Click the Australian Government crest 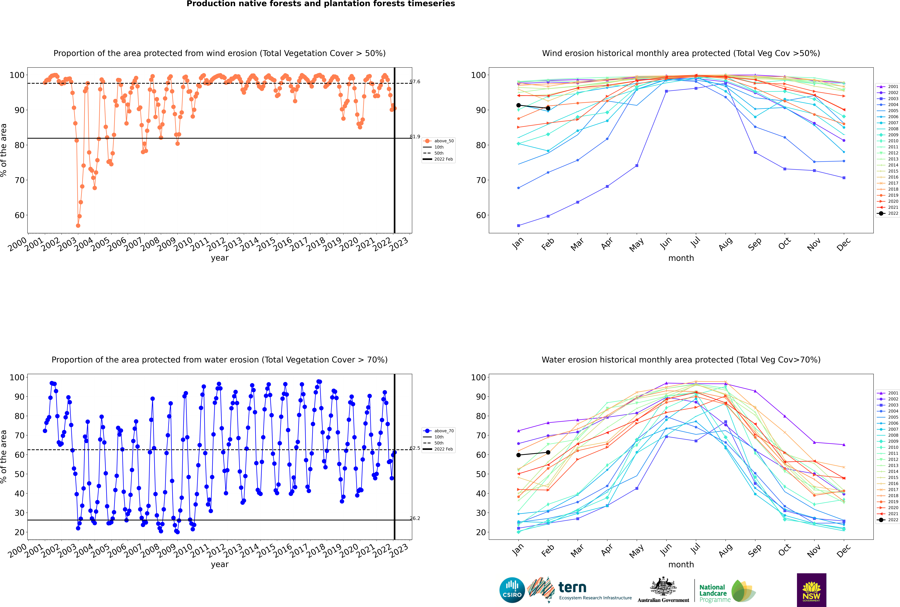point(663,587)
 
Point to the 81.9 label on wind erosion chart point(415,137)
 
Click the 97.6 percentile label point(415,82)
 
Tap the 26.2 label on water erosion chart point(415,518)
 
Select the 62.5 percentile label point(415,448)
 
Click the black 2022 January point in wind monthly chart point(519,105)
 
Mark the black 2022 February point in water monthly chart point(548,453)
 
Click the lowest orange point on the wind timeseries point(78,226)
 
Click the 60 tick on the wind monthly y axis point(481,215)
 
